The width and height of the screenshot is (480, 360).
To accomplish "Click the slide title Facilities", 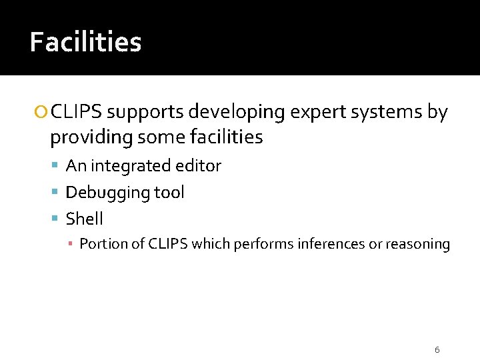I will click(x=85, y=43).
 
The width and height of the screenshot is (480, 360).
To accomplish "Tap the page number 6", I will click(x=437, y=349).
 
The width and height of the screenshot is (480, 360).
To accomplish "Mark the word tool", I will click(x=169, y=193).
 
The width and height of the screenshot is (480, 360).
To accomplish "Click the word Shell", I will click(x=85, y=219).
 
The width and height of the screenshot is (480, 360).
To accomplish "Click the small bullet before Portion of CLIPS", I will click(x=71, y=245).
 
